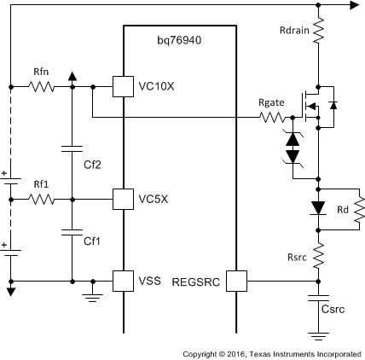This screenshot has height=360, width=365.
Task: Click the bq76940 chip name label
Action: (178, 40)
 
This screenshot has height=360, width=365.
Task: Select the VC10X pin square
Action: (124, 86)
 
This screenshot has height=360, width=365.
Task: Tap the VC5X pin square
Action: (124, 199)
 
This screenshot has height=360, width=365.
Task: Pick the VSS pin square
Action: (124, 280)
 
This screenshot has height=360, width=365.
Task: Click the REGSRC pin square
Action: (235, 280)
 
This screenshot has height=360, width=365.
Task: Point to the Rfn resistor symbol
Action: (42, 86)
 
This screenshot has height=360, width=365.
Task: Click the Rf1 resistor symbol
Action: (41, 199)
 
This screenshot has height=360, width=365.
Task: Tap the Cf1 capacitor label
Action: (92, 241)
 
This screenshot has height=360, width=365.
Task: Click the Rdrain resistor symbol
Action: (317, 32)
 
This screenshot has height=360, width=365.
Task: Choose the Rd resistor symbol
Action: (358, 206)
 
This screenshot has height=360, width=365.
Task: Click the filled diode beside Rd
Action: (317, 207)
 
